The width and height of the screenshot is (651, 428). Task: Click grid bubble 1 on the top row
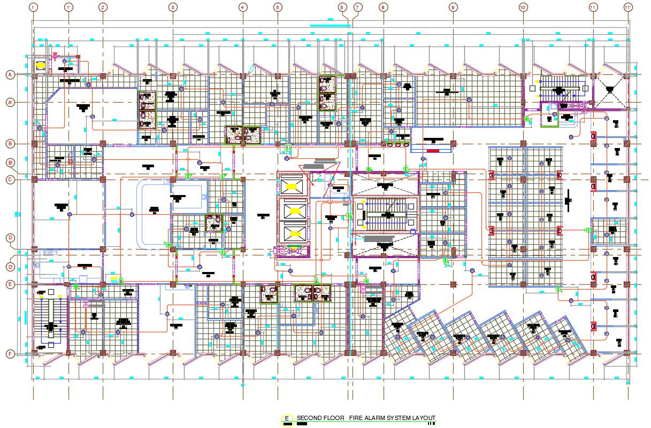(34, 7)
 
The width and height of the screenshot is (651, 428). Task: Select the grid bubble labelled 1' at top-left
(68, 7)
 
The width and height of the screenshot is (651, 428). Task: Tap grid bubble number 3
(173, 7)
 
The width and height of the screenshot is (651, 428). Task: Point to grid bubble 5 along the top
(277, 7)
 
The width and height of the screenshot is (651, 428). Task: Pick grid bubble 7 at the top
(357, 7)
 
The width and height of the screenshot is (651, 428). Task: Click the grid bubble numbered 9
(453, 7)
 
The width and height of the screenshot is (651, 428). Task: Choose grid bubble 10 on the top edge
(523, 7)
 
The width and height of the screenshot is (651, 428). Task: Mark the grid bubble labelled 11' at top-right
(628, 7)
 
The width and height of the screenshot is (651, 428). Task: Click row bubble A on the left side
(10, 75)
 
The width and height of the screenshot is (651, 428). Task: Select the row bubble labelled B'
(10, 162)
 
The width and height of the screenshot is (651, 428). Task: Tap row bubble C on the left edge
(10, 180)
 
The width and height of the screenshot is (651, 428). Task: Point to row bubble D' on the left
(10, 267)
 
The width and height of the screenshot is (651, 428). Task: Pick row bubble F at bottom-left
(10, 354)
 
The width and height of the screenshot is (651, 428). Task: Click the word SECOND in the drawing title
(310, 418)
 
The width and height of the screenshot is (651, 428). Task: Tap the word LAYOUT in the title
(423, 418)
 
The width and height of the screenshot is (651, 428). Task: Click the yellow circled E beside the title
(287, 419)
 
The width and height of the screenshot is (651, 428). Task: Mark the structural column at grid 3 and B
(173, 144)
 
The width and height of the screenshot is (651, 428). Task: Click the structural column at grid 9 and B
(453, 144)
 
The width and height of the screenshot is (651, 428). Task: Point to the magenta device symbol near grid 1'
(55, 55)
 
